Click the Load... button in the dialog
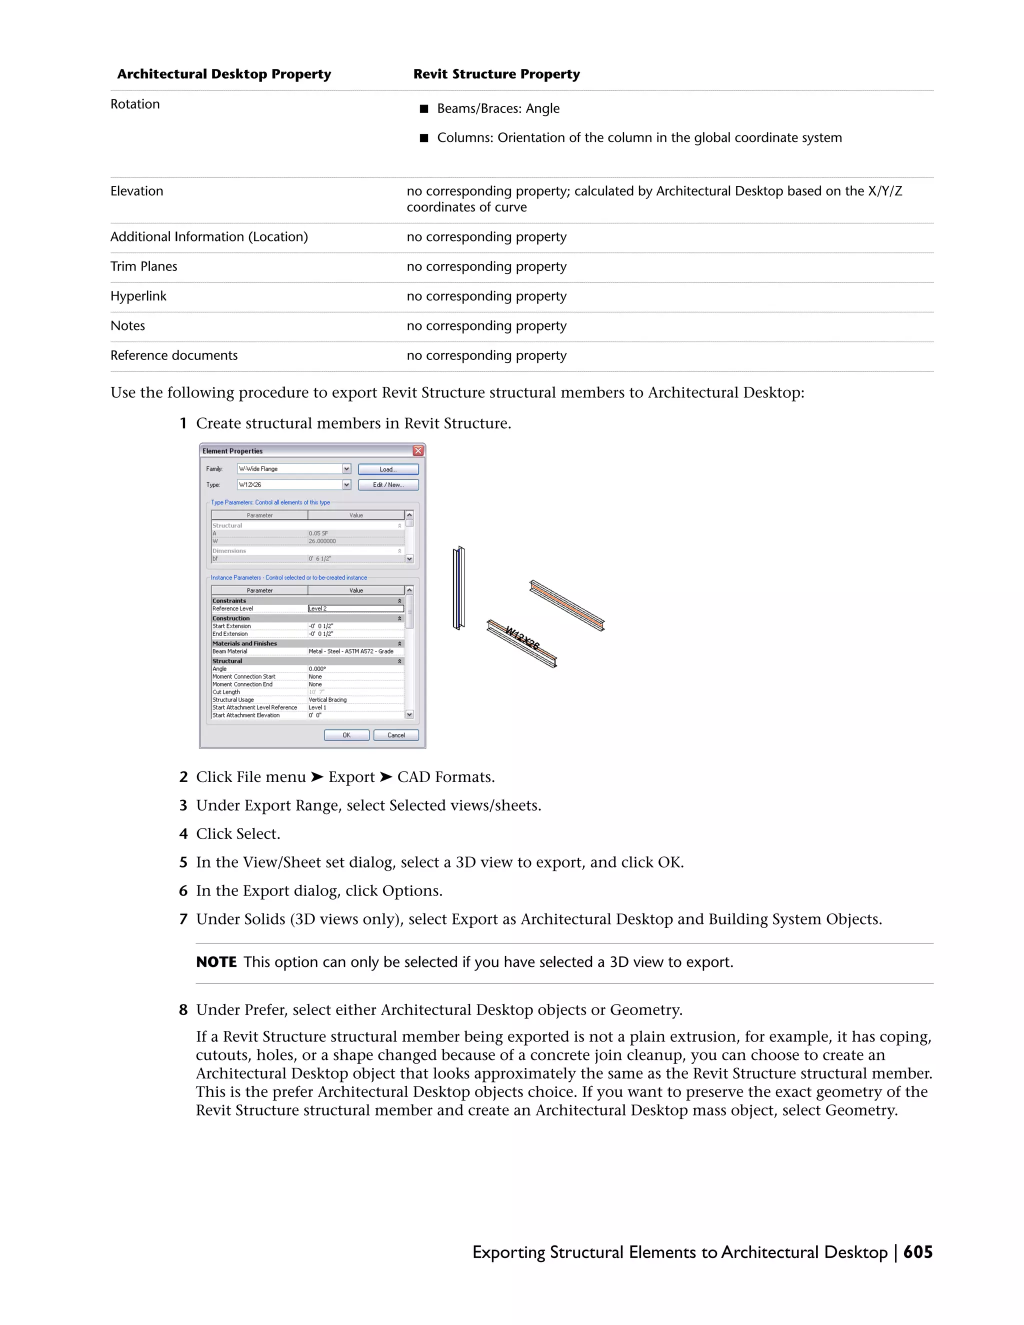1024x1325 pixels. click(387, 469)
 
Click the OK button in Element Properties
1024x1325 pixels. click(346, 734)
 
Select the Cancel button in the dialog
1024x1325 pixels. click(395, 734)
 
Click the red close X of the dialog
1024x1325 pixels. click(418, 451)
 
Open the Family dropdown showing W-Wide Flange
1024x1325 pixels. click(346, 469)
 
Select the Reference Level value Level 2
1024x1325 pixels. click(355, 608)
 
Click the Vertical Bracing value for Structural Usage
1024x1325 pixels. click(327, 699)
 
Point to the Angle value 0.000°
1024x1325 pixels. click(317, 668)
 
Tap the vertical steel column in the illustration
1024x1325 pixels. click(459, 588)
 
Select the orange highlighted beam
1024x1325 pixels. click(566, 605)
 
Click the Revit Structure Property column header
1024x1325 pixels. click(496, 74)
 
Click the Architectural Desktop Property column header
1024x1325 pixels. click(224, 74)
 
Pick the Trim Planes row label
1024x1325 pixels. click(144, 266)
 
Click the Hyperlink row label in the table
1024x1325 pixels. click(138, 296)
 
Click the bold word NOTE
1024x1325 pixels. click(216, 962)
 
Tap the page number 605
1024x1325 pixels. click(917, 1252)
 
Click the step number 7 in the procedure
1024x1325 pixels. click(183, 919)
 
